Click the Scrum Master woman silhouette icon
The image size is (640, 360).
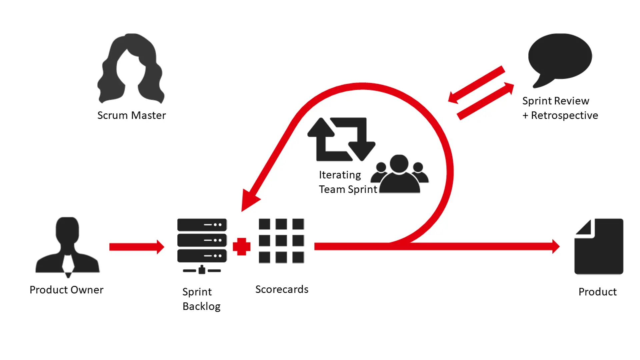click(x=131, y=68)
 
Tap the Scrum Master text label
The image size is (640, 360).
click(x=131, y=115)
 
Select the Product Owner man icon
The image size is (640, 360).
click(x=68, y=247)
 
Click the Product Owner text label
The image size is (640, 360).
click(x=66, y=290)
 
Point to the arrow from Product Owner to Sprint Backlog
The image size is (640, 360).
click(x=137, y=247)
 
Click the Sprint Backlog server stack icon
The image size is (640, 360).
click(x=202, y=245)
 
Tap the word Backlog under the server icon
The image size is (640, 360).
click(x=201, y=306)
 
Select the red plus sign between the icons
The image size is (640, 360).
click(x=242, y=247)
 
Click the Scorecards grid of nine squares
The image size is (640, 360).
click(x=281, y=241)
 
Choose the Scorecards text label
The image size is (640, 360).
click(x=282, y=289)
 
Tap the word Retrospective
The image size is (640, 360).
click(x=564, y=115)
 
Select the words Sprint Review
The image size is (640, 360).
click(x=556, y=101)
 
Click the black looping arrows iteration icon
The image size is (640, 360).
click(x=341, y=139)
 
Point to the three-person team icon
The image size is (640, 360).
click(x=400, y=174)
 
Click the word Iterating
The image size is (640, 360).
click(x=340, y=175)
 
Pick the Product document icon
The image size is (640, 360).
click(x=599, y=246)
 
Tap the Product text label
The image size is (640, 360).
click(x=597, y=292)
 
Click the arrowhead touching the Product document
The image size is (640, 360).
click(x=555, y=247)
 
